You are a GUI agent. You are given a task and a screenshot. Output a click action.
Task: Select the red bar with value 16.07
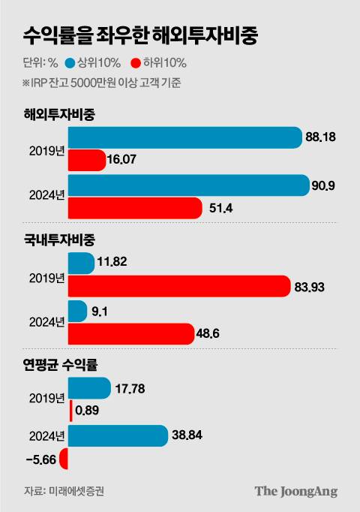(x=87, y=160)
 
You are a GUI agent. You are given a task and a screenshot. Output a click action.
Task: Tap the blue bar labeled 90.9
(x=188, y=185)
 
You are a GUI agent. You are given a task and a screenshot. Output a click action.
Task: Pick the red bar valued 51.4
(x=135, y=208)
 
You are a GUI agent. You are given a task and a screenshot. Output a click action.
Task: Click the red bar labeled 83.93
(x=178, y=286)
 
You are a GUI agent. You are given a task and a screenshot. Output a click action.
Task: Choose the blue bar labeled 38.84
(x=117, y=435)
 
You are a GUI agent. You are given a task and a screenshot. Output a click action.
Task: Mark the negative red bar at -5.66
(x=64, y=458)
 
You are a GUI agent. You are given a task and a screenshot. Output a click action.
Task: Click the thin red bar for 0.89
(x=70, y=411)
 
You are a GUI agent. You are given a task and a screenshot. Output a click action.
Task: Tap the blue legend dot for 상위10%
(x=70, y=62)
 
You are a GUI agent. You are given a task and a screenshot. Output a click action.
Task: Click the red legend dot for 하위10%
(x=135, y=62)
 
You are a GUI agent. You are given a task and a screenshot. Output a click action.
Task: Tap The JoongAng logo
(x=295, y=491)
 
